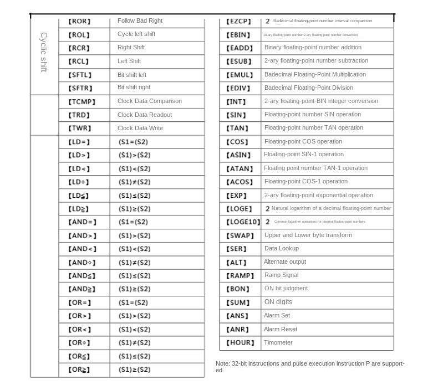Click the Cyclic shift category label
(44, 52)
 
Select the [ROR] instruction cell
(79, 21)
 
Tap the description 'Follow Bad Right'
(140, 21)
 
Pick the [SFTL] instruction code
(80, 75)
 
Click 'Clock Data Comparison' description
(149, 101)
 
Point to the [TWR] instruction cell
(79, 128)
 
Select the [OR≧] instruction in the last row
(79, 370)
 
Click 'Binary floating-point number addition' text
(313, 48)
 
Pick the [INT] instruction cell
(236, 101)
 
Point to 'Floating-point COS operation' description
(303, 141)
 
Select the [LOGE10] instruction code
(243, 222)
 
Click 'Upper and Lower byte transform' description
(308, 235)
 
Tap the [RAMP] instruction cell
(240, 275)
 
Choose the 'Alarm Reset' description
(280, 329)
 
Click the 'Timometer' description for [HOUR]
(278, 342)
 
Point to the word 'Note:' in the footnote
(223, 364)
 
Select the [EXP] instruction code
(237, 196)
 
